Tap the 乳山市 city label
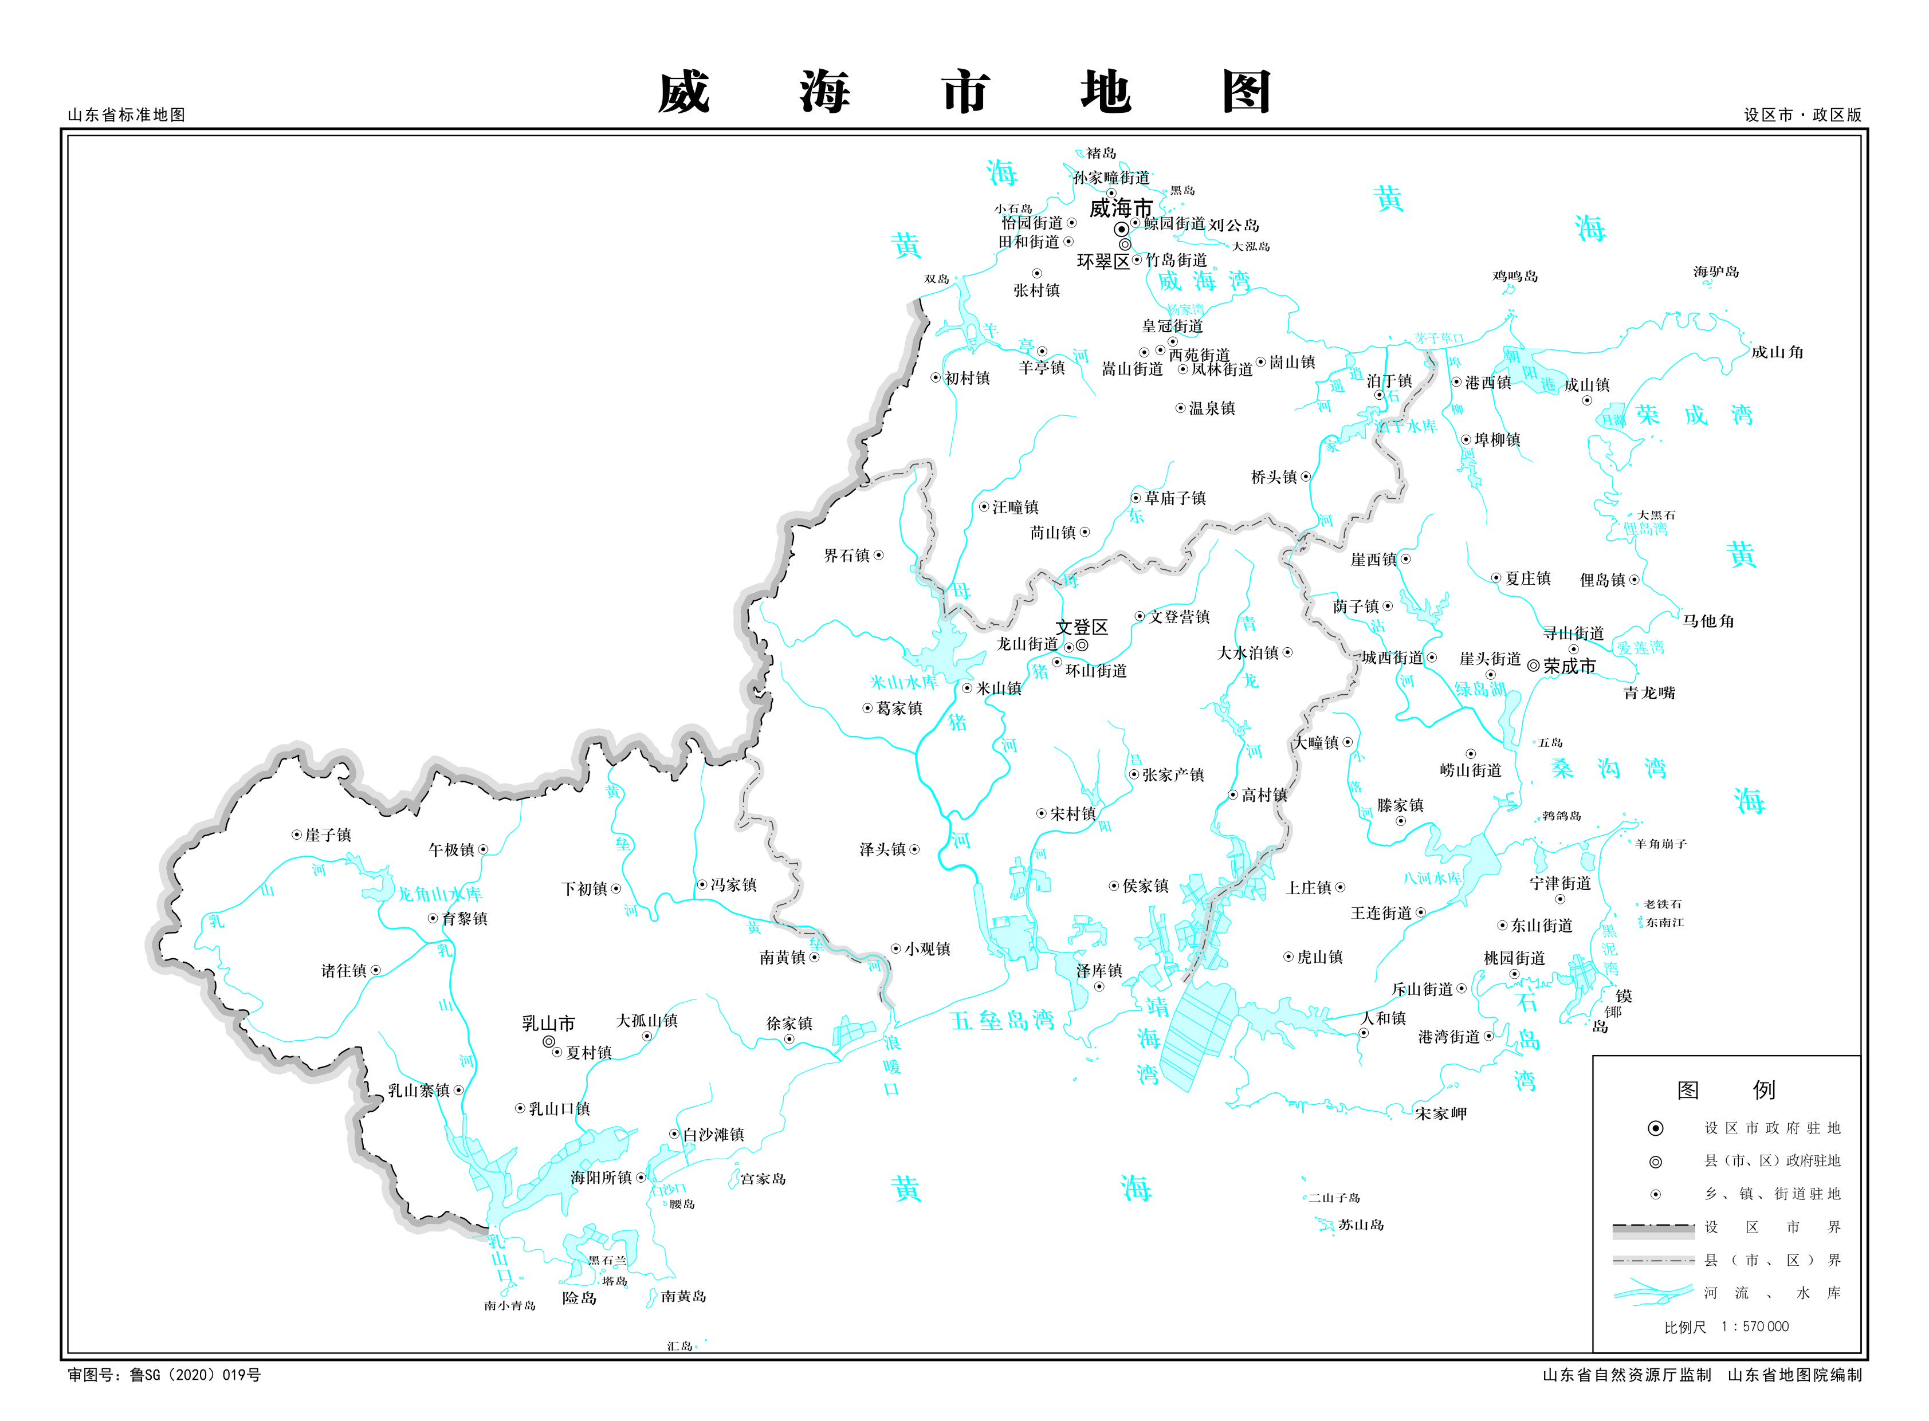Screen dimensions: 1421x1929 (548, 1024)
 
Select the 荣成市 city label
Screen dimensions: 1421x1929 (1569, 666)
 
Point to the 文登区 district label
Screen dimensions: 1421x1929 (1082, 627)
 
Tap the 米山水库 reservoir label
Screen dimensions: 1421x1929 (903, 682)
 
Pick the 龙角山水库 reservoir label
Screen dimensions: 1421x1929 (439, 893)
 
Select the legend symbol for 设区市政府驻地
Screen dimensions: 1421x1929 (1655, 1128)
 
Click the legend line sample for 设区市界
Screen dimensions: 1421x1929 (1653, 1229)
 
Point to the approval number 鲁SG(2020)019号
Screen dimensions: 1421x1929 (194, 1375)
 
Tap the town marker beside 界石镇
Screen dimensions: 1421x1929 (878, 556)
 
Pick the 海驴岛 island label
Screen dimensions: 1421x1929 (1716, 272)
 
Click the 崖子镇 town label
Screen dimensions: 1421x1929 (328, 835)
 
